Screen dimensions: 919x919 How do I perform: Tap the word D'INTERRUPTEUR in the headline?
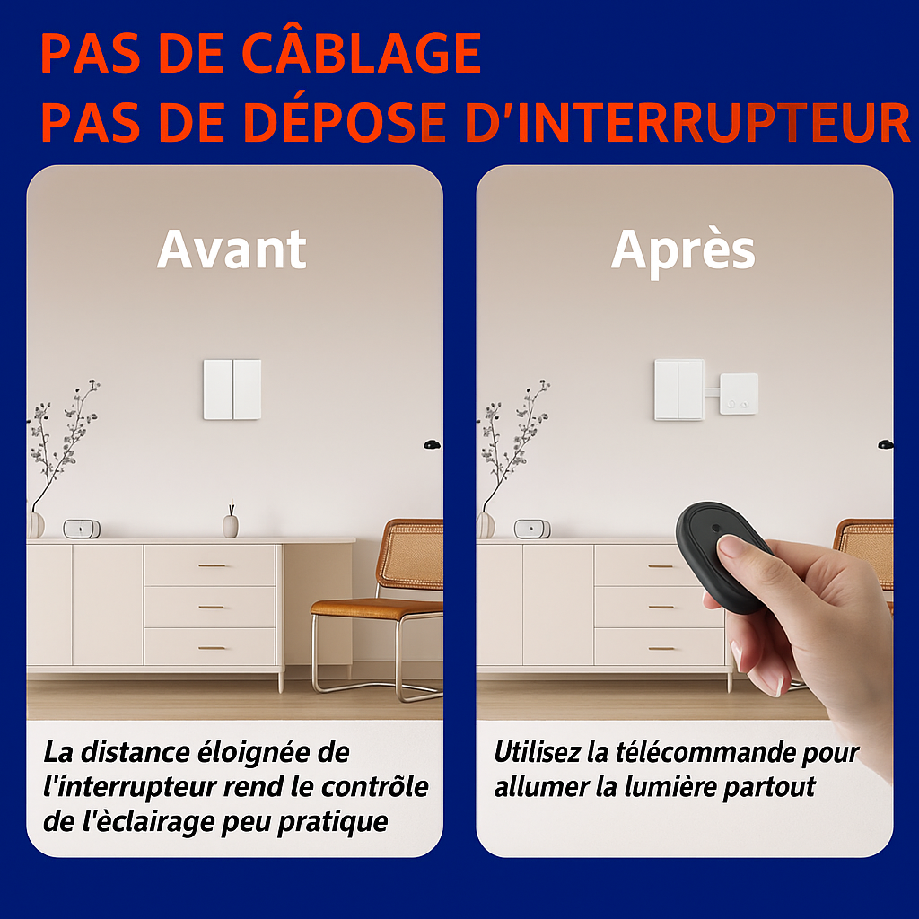(x=687, y=122)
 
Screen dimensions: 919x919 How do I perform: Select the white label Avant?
(x=232, y=249)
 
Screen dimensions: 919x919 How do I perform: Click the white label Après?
(x=683, y=251)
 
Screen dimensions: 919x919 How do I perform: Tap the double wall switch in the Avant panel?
(x=232, y=389)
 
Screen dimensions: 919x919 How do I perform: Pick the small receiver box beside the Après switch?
(x=739, y=394)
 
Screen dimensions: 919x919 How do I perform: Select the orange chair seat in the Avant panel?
(x=376, y=609)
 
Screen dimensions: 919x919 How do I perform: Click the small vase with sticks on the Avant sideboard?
(x=231, y=521)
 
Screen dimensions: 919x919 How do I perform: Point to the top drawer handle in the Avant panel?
(x=212, y=565)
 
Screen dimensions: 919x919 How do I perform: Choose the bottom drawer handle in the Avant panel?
(x=212, y=648)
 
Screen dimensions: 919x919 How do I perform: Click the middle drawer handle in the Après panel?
(x=661, y=608)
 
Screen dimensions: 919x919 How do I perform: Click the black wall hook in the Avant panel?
(x=432, y=444)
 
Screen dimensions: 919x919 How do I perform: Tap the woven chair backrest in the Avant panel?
(x=411, y=554)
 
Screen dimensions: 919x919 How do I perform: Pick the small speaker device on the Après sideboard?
(x=532, y=529)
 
